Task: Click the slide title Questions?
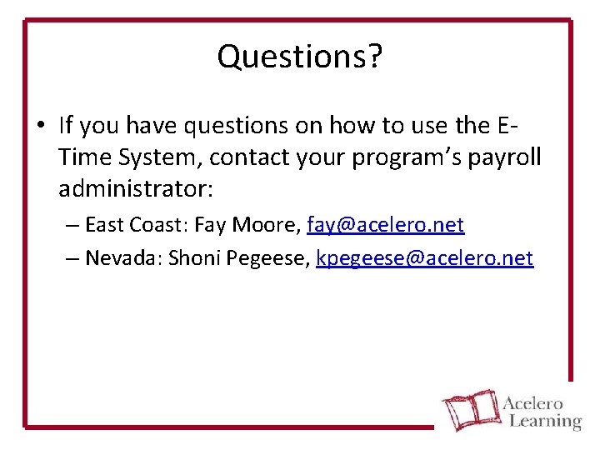(x=300, y=57)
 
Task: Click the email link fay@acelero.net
(x=385, y=225)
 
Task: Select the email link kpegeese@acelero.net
(x=424, y=258)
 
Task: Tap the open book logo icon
(x=469, y=411)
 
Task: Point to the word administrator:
(x=136, y=189)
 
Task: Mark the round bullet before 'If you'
(x=40, y=126)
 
